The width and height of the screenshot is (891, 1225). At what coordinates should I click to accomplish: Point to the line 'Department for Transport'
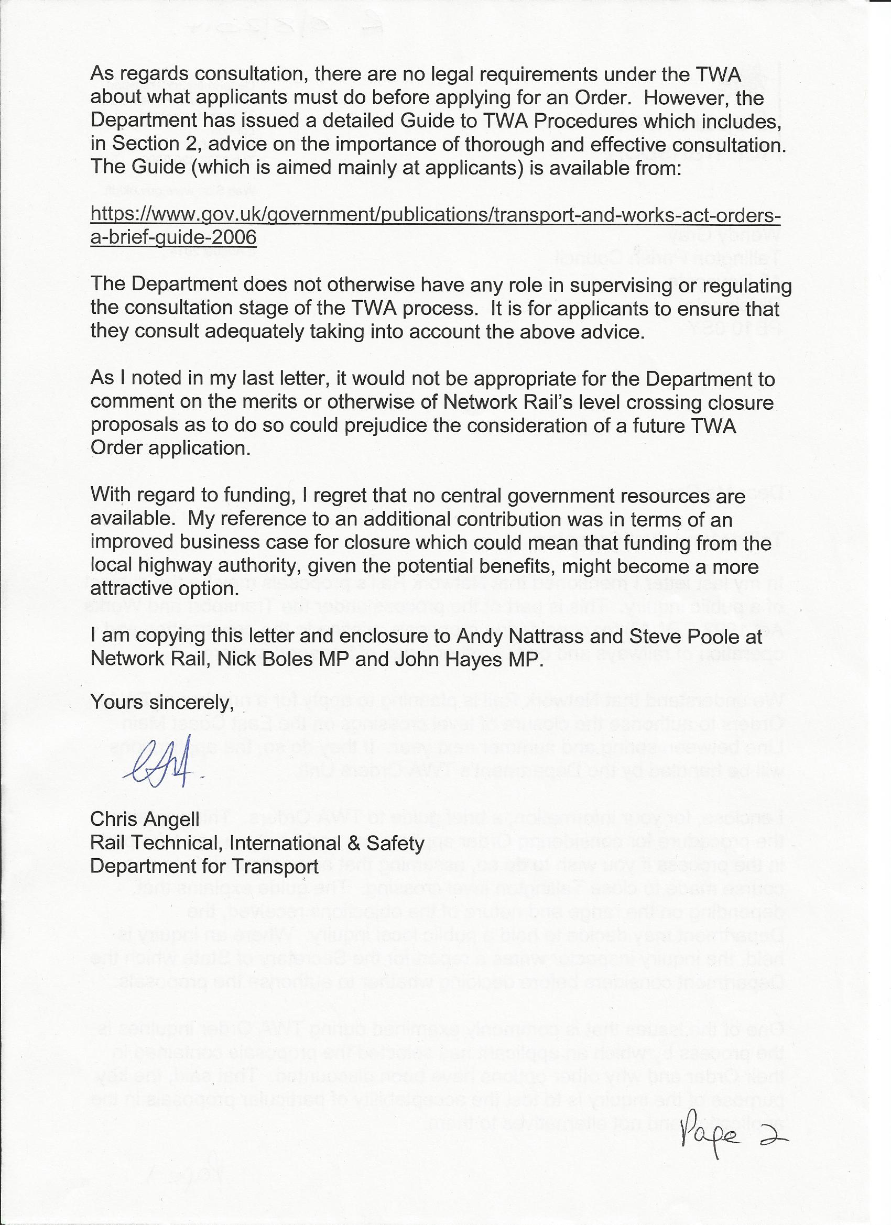coord(204,867)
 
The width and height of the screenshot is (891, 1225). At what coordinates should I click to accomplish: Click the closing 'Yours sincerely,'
coord(161,702)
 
